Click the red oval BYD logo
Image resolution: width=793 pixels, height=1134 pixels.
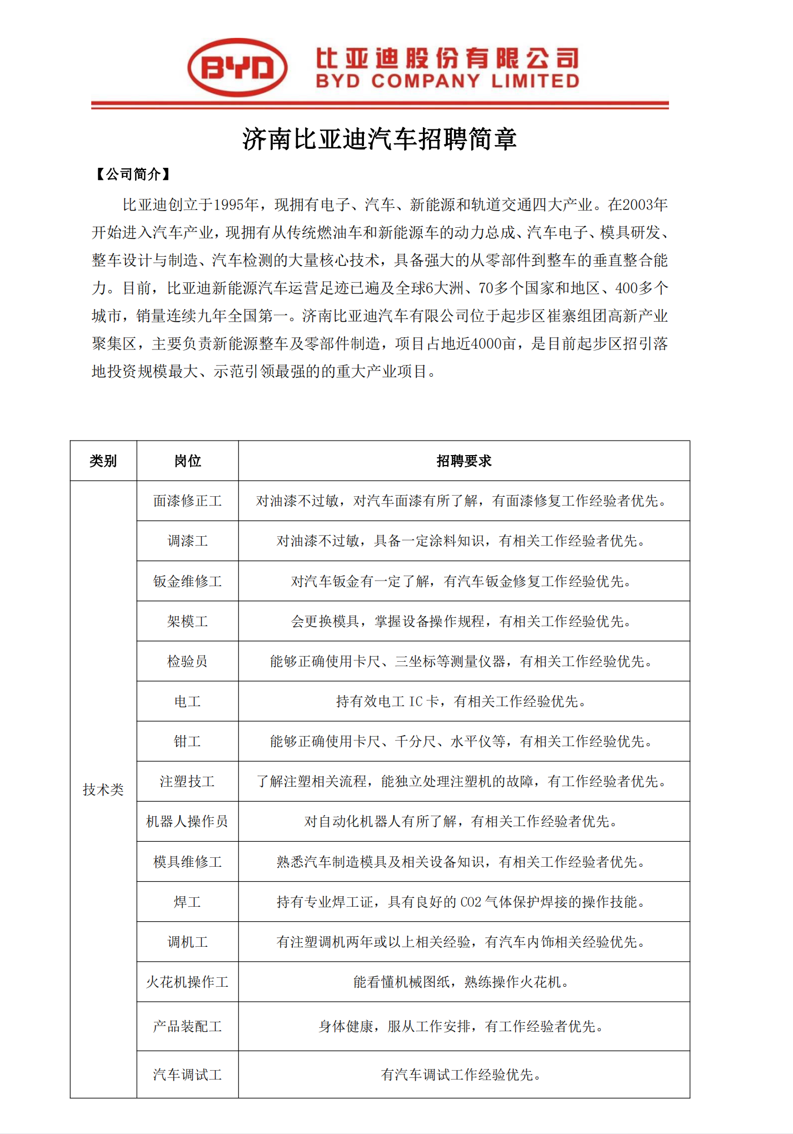pos(237,67)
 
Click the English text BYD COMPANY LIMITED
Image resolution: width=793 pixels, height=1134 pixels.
pos(447,82)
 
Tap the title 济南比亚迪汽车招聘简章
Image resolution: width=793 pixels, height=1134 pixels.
pos(380,139)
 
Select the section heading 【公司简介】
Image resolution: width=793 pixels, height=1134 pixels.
pos(133,174)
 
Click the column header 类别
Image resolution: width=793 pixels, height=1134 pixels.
pos(103,461)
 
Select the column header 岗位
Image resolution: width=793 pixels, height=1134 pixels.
pos(187,461)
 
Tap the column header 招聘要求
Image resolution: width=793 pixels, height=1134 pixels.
pos(463,461)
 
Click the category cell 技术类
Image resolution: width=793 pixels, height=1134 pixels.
pos(103,790)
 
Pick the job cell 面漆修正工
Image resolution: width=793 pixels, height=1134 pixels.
pos(187,501)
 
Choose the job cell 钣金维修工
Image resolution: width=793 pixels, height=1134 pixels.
pos(187,582)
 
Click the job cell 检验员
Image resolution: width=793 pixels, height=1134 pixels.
pos(187,662)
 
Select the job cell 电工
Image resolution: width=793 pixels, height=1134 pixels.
pos(187,702)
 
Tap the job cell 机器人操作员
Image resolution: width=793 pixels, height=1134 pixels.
pos(187,822)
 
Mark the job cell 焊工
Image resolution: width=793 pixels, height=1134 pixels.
pos(187,902)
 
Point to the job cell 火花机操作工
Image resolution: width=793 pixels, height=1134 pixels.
pos(187,982)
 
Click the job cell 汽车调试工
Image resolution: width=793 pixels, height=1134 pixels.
pos(187,1075)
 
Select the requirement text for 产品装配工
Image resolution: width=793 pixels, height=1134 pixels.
pos(461,1027)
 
